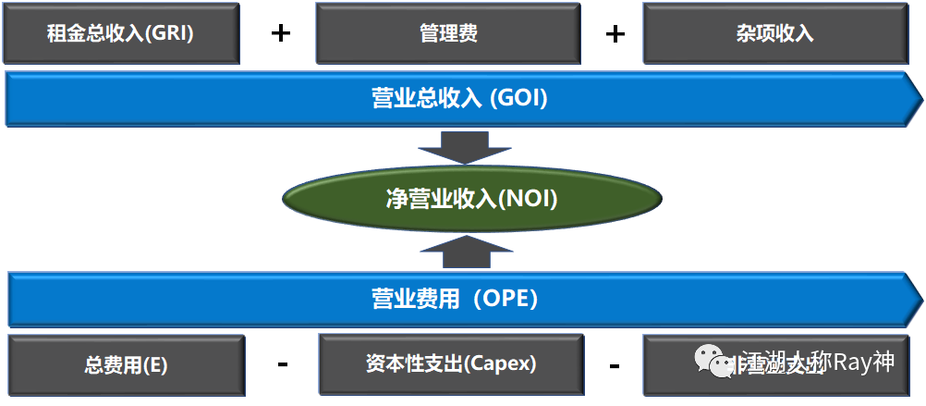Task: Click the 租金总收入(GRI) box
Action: click(120, 33)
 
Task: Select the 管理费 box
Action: click(447, 33)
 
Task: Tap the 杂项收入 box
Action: click(774, 33)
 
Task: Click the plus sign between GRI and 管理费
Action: click(281, 33)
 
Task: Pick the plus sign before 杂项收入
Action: click(615, 33)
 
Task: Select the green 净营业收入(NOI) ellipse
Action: click(471, 199)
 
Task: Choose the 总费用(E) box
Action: click(126, 364)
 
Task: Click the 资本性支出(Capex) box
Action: click(451, 363)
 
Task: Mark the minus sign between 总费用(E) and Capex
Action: click(283, 363)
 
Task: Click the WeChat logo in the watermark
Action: click(713, 361)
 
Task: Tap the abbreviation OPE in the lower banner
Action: click(508, 300)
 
